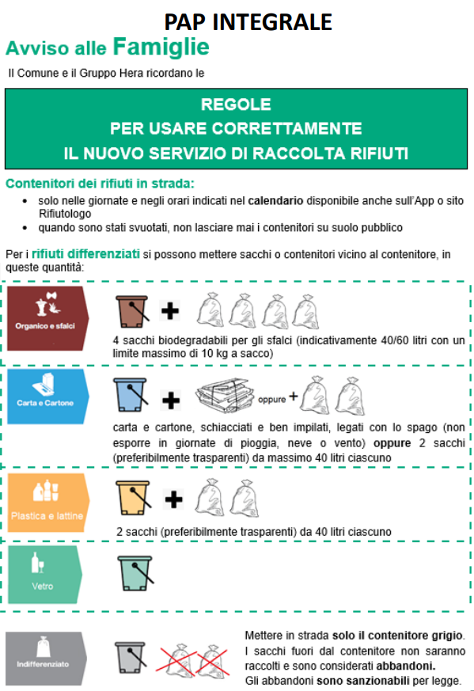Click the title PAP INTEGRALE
coord(248,22)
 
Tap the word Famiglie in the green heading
coord(161,47)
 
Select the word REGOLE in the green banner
coord(236,104)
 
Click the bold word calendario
coord(275,201)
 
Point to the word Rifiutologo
coord(65,215)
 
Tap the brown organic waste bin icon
coord(132,312)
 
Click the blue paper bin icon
coord(131,395)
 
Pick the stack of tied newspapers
coord(225,395)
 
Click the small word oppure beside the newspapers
coord(271,400)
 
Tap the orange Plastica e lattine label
coord(48,503)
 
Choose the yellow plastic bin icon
coord(134,498)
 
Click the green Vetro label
coord(45,575)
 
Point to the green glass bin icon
coord(135,573)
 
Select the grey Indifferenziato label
coord(46,658)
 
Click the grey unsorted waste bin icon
coord(131,658)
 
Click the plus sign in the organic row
coord(170,311)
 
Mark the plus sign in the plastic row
coord(173,499)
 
